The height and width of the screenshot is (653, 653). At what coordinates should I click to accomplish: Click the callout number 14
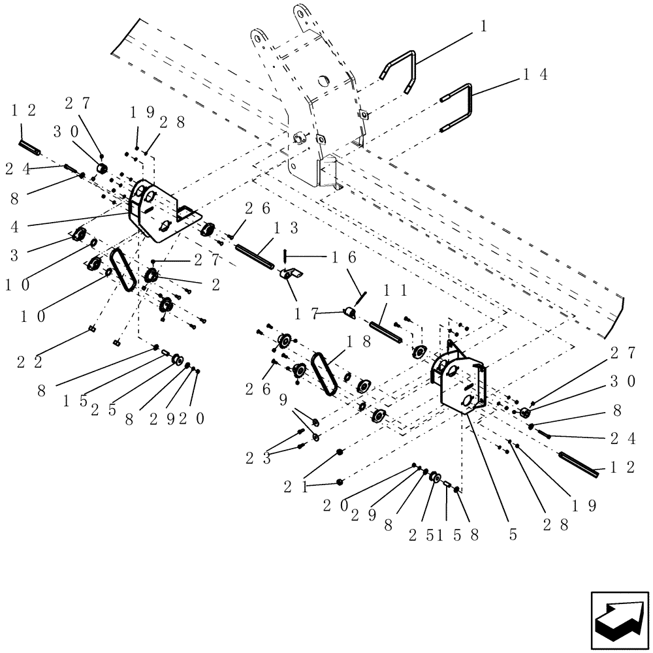[535, 76]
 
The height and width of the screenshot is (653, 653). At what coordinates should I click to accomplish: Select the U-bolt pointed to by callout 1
[400, 68]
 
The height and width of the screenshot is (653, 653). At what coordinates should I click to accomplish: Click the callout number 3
[14, 254]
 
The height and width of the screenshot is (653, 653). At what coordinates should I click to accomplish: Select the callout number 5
[513, 534]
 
